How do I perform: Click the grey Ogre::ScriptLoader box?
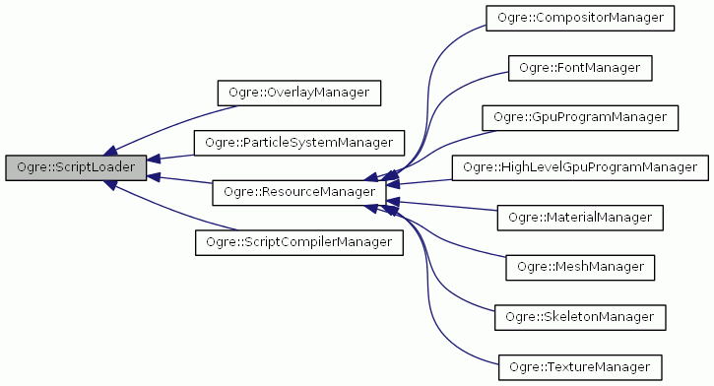pyautogui.click(x=75, y=167)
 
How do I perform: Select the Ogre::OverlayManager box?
pyautogui.click(x=298, y=93)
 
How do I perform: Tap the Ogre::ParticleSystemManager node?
pyautogui.click(x=298, y=143)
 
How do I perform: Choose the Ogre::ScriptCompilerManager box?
pyautogui.click(x=298, y=241)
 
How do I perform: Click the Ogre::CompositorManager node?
pyautogui.click(x=580, y=18)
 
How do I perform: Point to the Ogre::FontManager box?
pyautogui.click(x=580, y=68)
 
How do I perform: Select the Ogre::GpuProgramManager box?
pyautogui.click(x=580, y=117)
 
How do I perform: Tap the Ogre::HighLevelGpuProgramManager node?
pyautogui.click(x=580, y=167)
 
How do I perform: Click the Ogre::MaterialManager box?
pyautogui.click(x=580, y=217)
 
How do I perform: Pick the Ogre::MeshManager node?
pyautogui.click(x=580, y=267)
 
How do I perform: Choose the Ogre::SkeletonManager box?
pyautogui.click(x=580, y=317)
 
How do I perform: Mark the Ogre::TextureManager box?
pyautogui.click(x=580, y=366)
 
